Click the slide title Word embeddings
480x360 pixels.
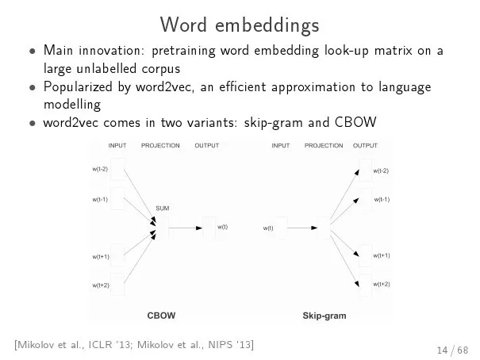click(x=240, y=25)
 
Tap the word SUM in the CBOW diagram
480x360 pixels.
click(x=162, y=209)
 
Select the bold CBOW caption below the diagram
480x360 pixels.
click(x=161, y=316)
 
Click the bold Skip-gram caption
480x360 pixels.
click(x=324, y=316)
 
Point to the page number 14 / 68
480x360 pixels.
click(x=452, y=350)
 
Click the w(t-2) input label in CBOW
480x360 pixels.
click(x=100, y=169)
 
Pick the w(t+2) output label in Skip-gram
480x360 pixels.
click(x=382, y=284)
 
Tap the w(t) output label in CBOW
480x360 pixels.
click(x=223, y=227)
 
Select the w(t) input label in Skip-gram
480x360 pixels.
click(x=268, y=228)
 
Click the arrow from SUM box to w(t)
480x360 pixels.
click(x=185, y=228)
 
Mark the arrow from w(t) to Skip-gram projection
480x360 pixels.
click(x=302, y=228)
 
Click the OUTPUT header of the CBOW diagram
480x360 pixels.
click(x=207, y=146)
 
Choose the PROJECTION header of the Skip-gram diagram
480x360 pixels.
click(x=324, y=146)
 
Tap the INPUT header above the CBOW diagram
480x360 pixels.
click(x=117, y=146)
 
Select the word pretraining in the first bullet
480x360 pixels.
click(x=184, y=51)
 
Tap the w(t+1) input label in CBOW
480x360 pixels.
click(x=101, y=257)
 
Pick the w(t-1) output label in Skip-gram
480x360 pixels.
click(x=382, y=200)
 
